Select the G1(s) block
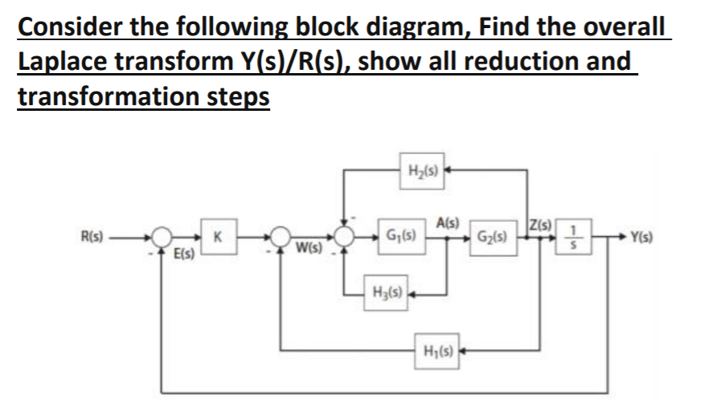coord(399,238)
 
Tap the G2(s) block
coord(490,238)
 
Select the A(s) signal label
coord(447,222)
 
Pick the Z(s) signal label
coord(536,222)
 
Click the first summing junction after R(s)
coord(164,238)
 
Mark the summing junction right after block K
coord(280,238)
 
